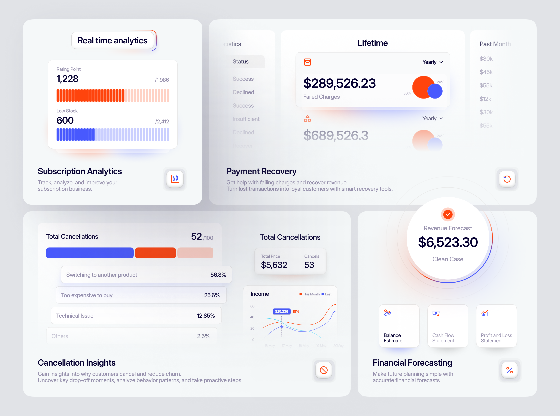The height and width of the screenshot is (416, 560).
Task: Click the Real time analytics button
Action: click(113, 41)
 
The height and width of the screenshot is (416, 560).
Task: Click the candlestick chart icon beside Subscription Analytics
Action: click(175, 179)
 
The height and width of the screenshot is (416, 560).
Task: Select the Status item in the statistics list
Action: click(241, 62)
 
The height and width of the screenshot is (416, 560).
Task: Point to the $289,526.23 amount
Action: click(339, 83)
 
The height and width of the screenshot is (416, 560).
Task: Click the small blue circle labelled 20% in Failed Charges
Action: click(435, 91)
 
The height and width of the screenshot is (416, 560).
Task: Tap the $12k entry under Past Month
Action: click(485, 99)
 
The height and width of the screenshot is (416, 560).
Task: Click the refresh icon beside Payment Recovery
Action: click(507, 179)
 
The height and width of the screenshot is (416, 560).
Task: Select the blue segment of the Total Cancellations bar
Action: click(90, 253)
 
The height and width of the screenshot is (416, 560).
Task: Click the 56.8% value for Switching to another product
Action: click(218, 275)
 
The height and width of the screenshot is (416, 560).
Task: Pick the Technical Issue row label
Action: click(75, 316)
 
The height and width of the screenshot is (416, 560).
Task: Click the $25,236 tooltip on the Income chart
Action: click(281, 311)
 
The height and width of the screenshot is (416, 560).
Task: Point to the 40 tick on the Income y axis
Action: click(252, 317)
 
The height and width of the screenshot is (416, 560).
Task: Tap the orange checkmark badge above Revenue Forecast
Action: click(448, 215)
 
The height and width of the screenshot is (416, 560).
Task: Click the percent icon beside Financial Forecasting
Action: click(509, 370)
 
